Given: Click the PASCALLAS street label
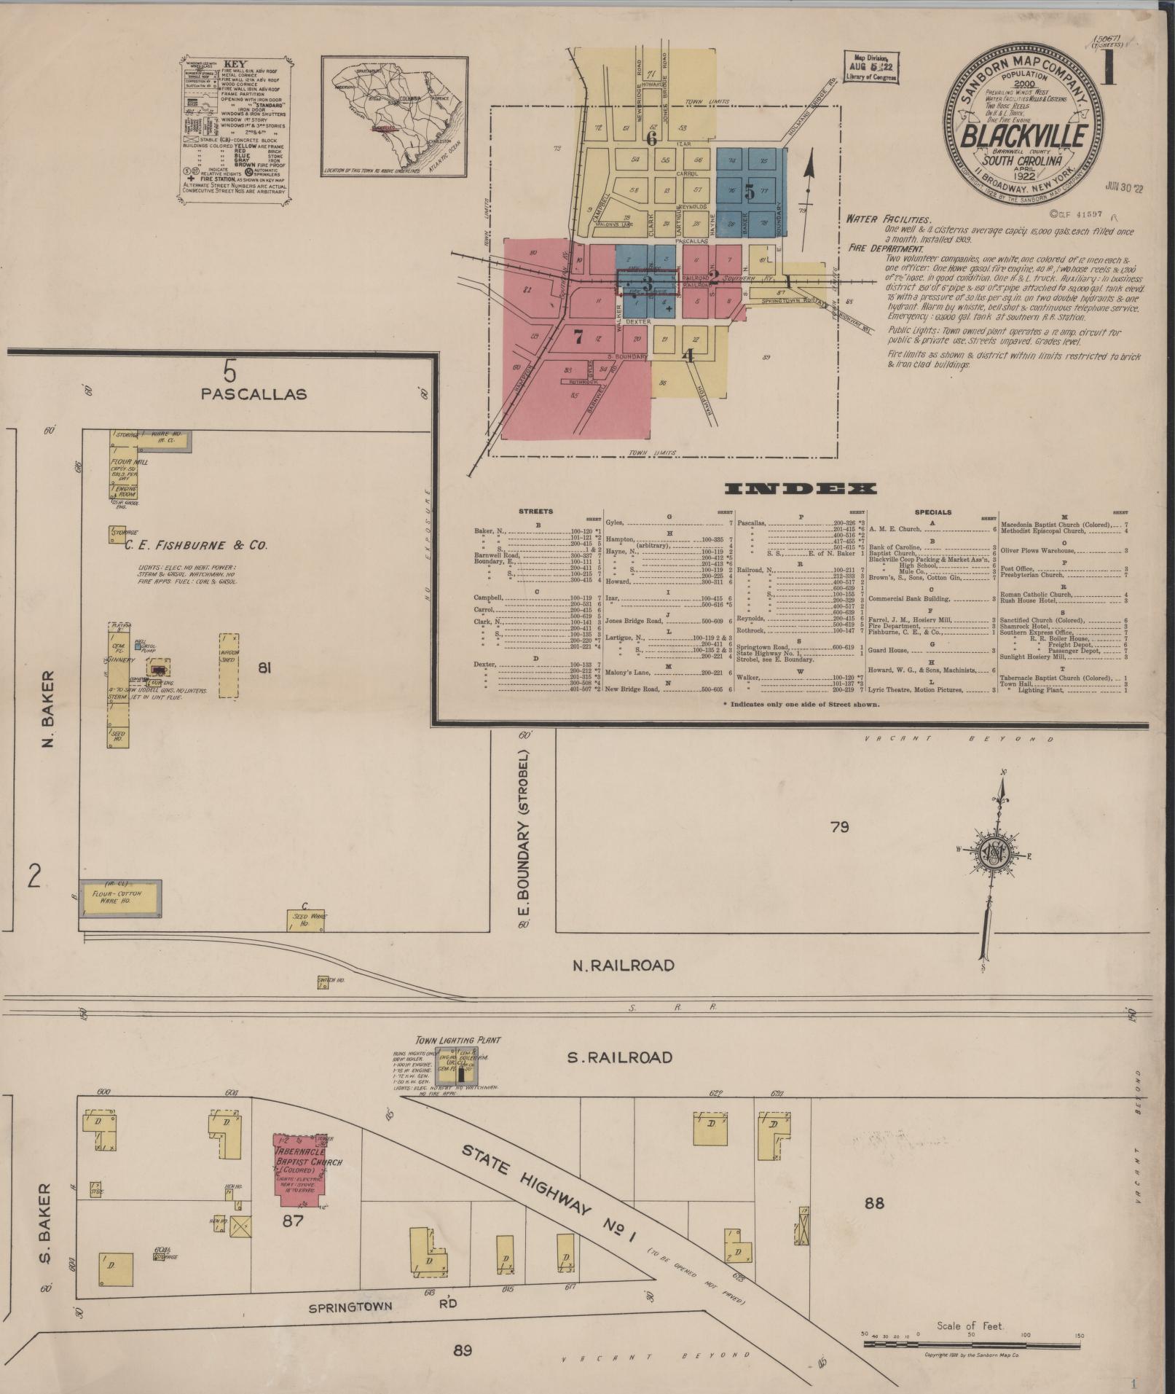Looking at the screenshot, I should point(254,394).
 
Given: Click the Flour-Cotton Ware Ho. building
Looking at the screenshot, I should point(120,898).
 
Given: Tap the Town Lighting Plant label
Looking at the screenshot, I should point(458,1041).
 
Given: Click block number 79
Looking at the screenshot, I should point(840,827).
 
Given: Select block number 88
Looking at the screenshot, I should point(874,1202).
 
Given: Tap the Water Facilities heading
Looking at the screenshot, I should point(888,219).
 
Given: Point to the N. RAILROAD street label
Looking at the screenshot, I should point(623,966).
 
